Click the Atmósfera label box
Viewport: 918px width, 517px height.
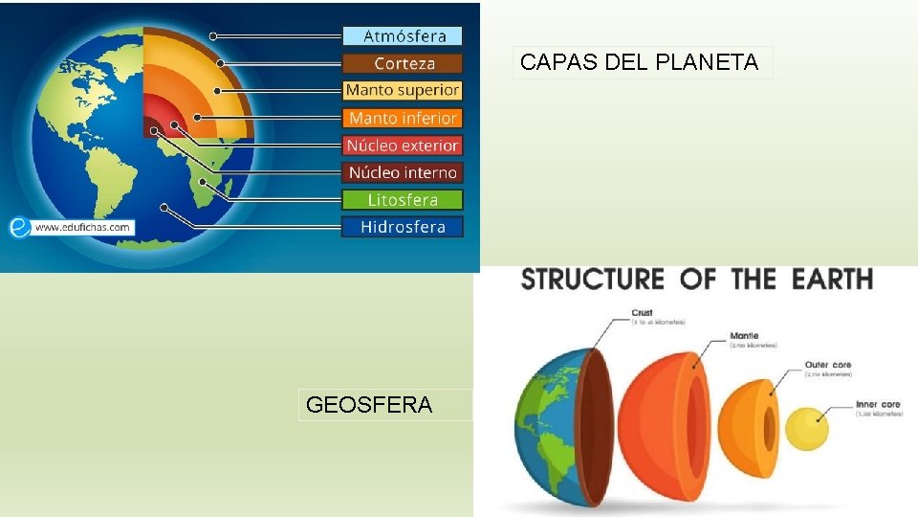[404, 36]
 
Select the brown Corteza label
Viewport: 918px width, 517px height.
[404, 63]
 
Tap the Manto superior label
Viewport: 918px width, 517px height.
[403, 90]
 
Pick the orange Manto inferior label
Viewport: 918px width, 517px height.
[403, 118]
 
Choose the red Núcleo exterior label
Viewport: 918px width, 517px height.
[403, 146]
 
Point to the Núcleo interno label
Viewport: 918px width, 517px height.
[403, 172]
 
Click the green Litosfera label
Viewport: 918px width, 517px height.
[403, 200]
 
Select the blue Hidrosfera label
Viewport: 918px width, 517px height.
[403, 227]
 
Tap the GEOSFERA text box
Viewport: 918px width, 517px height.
[369, 405]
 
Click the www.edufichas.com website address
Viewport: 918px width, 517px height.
[82, 228]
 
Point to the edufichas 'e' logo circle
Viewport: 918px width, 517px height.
[19, 227]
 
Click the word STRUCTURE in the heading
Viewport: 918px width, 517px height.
[592, 280]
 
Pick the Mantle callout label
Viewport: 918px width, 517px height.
[744, 336]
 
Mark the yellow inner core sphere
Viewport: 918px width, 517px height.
[807, 428]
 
